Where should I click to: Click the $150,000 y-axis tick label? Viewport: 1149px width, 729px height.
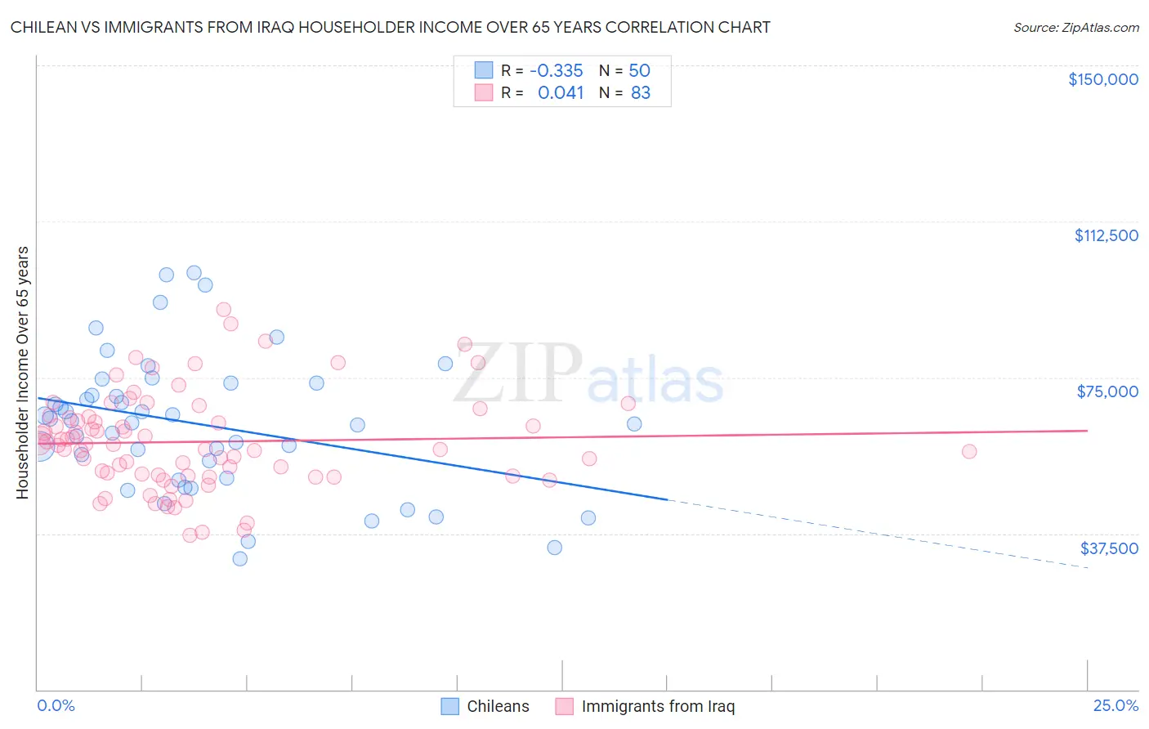pyautogui.click(x=1102, y=79)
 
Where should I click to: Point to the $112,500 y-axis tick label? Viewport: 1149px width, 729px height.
pyautogui.click(x=1106, y=235)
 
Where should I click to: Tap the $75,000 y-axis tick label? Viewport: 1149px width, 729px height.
pyautogui.click(x=1107, y=391)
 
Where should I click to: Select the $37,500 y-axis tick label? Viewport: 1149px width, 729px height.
pyautogui.click(x=1109, y=548)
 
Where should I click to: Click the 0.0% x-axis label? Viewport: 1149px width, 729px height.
pyautogui.click(x=56, y=706)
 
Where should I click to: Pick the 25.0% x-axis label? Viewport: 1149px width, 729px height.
pyautogui.click(x=1115, y=706)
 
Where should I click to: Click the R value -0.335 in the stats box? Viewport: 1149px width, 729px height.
pyautogui.click(x=557, y=70)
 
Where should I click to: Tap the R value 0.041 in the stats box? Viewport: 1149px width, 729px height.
pyautogui.click(x=561, y=93)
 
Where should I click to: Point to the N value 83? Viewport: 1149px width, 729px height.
pyautogui.click(x=641, y=93)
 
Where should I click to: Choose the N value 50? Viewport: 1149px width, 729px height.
pyautogui.click(x=639, y=70)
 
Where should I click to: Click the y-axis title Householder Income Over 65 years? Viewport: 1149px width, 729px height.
pyautogui.click(x=22, y=372)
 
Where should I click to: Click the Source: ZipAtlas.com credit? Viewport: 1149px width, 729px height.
pyautogui.click(x=1075, y=28)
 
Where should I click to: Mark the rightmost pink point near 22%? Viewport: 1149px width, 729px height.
pyautogui.click(x=969, y=451)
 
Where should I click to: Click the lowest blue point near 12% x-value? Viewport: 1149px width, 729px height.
pyautogui.click(x=555, y=548)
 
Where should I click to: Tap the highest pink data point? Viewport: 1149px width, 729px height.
pyautogui.click(x=224, y=310)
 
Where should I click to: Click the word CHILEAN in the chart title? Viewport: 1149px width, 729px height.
pyautogui.click(x=42, y=28)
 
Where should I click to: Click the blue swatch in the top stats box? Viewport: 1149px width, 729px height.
pyautogui.click(x=484, y=70)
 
